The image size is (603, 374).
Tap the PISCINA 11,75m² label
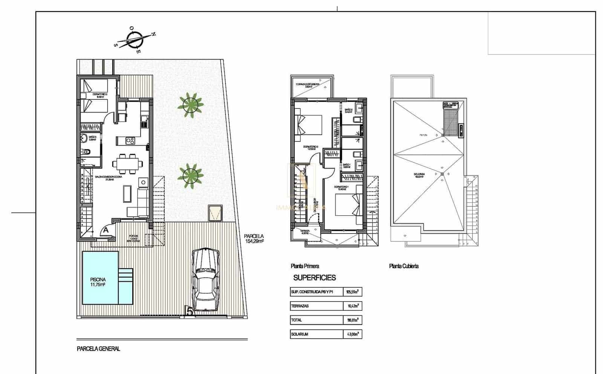(98, 282)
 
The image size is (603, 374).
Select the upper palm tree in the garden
(190, 105)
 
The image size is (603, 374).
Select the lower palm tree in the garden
(190, 176)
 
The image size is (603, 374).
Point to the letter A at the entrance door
(106, 229)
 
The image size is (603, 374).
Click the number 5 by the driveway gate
(190, 311)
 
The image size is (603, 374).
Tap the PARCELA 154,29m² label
(254, 239)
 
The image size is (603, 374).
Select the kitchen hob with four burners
(130, 141)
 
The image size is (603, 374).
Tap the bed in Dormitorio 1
(348, 205)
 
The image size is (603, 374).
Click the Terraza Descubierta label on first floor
(308, 85)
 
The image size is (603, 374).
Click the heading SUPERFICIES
(314, 278)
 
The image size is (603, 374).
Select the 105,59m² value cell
(352, 292)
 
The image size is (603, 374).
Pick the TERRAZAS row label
(300, 306)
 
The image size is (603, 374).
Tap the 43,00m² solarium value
(352, 334)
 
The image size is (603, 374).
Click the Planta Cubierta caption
(404, 266)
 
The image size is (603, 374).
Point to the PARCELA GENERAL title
(98, 349)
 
